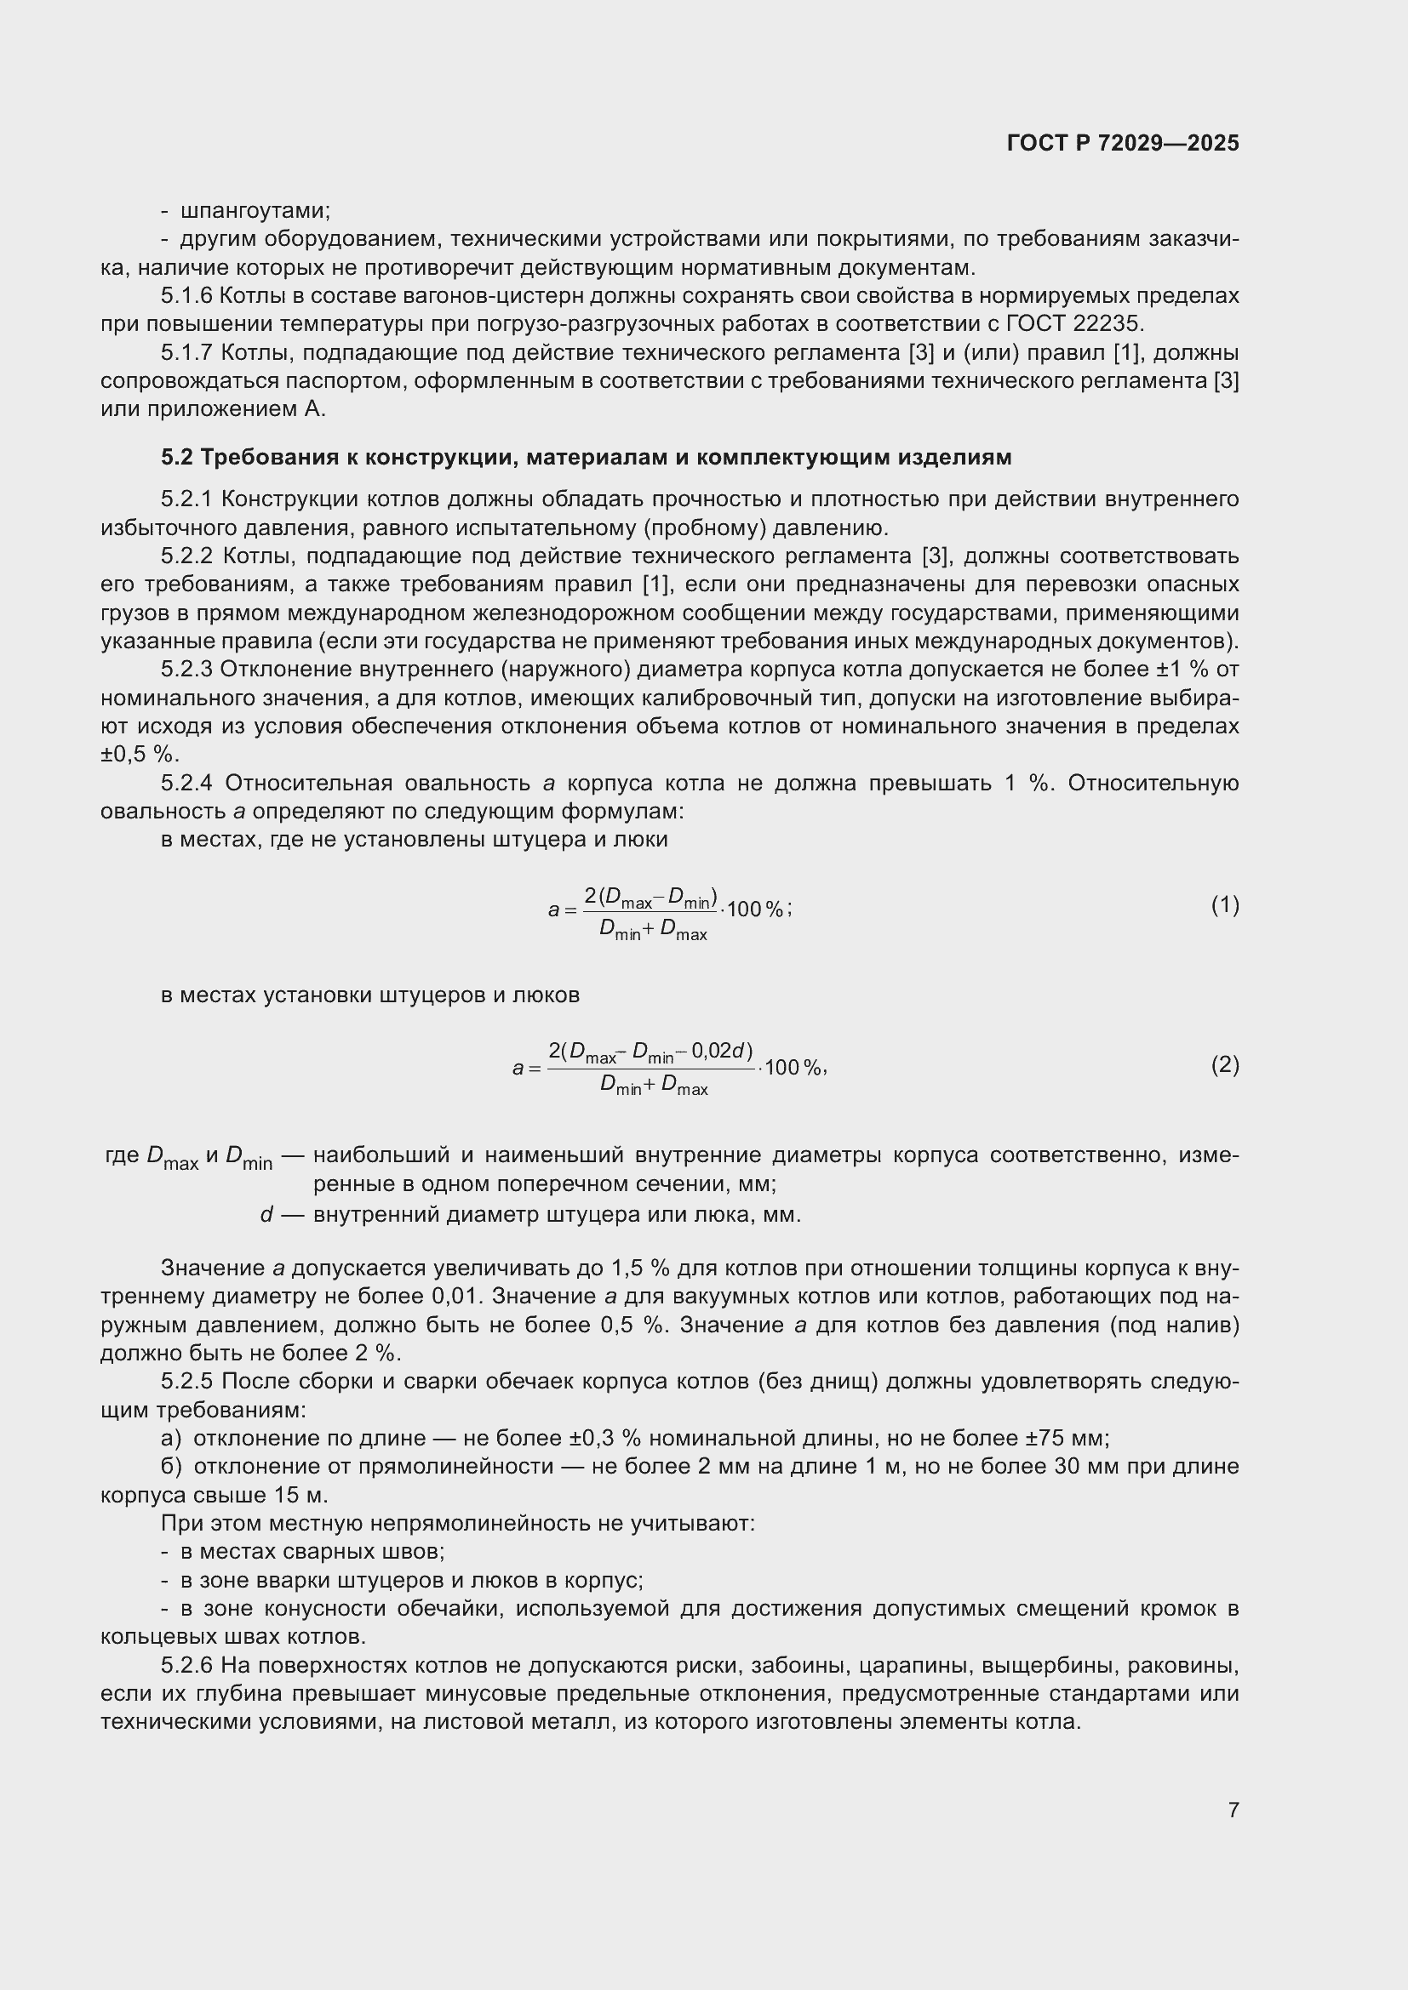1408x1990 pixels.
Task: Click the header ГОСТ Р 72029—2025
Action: [1123, 143]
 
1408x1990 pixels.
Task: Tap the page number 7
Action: [1233, 1810]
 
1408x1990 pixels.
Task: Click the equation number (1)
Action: [1224, 906]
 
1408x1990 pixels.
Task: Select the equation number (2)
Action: [1224, 1064]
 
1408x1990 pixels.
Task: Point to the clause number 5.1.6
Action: [186, 296]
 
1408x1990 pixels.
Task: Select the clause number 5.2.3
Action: [186, 669]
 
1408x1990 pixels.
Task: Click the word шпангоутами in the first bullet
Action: [255, 211]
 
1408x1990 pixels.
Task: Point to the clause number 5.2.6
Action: [186, 1666]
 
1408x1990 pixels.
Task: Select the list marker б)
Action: [172, 1467]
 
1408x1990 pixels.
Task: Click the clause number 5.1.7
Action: [186, 353]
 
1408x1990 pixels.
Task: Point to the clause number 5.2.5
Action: [186, 1382]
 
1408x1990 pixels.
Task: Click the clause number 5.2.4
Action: [186, 784]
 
